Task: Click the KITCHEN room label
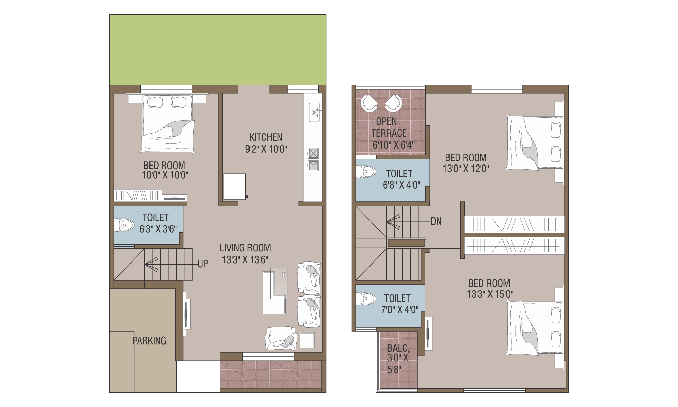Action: (266, 137)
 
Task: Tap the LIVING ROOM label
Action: (245, 248)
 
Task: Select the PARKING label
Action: (149, 341)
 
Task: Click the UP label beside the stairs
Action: (203, 264)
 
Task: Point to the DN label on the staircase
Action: (436, 221)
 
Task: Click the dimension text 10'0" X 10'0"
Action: (165, 175)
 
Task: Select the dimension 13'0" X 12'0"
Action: (466, 169)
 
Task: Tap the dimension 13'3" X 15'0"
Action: (490, 294)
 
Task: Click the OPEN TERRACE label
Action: (388, 127)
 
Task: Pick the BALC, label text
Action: (398, 348)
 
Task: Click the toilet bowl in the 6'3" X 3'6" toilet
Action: (124, 225)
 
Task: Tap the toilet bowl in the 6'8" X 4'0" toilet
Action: (366, 172)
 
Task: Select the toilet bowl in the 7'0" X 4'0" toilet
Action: (366, 299)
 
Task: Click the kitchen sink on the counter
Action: (314, 112)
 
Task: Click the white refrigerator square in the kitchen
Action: (235, 187)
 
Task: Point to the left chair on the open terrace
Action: (369, 103)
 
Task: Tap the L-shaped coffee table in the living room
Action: (275, 291)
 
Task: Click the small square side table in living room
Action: (307, 340)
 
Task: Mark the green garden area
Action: (218, 50)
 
